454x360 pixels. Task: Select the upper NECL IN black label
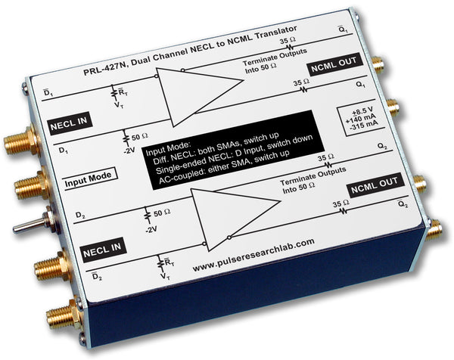pyautogui.click(x=70, y=123)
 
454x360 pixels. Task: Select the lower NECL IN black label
pyautogui.click(x=104, y=250)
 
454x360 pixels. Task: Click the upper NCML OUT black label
pyautogui.click(x=335, y=64)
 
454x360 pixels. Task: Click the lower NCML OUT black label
pyautogui.click(x=375, y=185)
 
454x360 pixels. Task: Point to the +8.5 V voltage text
pyautogui.click(x=362, y=111)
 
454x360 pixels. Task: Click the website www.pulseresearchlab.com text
pyautogui.click(x=253, y=255)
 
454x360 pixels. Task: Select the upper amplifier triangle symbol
pyautogui.click(x=200, y=96)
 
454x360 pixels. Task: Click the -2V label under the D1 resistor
pyautogui.click(x=129, y=151)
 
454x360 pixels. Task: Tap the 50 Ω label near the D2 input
pyautogui.click(x=162, y=213)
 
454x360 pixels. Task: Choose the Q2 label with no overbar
pyautogui.click(x=382, y=146)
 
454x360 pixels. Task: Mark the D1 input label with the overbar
pyautogui.click(x=48, y=93)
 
